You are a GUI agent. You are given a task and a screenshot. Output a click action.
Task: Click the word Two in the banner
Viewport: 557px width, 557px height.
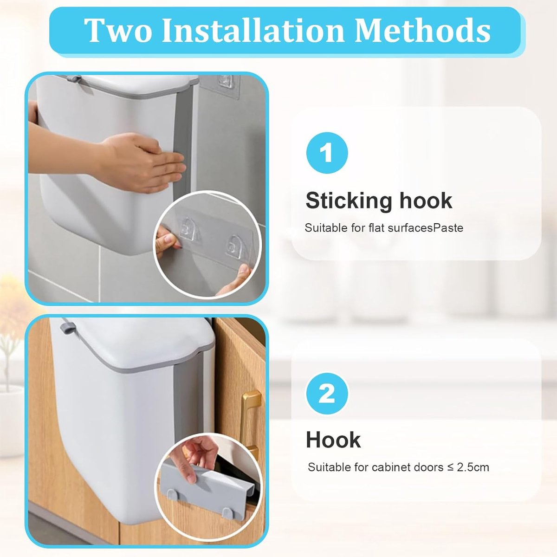coord(118,30)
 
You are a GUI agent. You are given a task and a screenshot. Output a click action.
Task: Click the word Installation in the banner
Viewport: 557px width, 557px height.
coord(253,30)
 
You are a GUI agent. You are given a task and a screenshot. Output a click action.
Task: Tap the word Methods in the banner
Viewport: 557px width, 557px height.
coord(422,30)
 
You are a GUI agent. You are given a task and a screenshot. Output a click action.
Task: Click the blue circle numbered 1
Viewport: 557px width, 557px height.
coord(327,153)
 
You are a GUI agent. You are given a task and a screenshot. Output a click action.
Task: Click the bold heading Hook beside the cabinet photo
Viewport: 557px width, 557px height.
coord(333,440)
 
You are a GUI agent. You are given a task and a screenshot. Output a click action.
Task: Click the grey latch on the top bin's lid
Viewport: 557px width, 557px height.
coord(74,78)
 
